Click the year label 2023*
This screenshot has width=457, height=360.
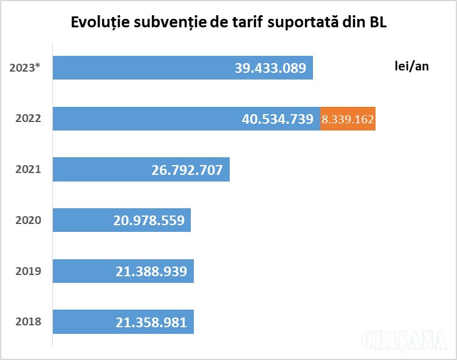tap(25, 68)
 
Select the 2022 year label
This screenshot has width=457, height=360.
tap(28, 118)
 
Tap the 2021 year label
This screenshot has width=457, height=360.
tap(28, 169)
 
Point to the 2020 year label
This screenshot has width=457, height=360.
tap(28, 220)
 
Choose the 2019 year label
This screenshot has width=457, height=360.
tap(28, 271)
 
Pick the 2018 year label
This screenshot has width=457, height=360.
tap(28, 321)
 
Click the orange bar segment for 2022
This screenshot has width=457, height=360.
tap(348, 119)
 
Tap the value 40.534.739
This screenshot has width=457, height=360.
tap(277, 119)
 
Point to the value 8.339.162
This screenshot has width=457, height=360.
tap(348, 119)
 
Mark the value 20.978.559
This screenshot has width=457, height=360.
tap(148, 220)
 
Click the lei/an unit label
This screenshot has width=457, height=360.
tap(411, 66)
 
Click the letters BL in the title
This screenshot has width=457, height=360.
tap(377, 23)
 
